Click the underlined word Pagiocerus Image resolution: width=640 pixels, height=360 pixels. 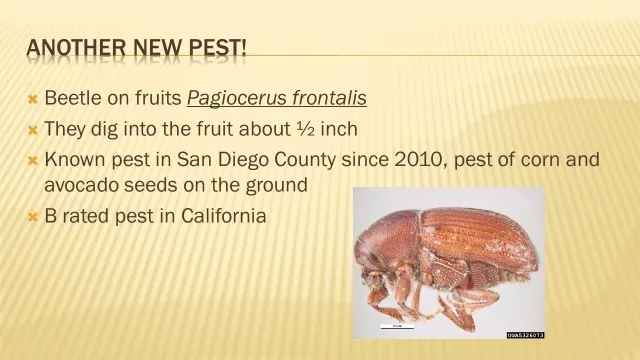point(235,98)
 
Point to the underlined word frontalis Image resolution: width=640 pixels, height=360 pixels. point(328,98)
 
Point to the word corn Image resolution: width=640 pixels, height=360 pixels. point(553,159)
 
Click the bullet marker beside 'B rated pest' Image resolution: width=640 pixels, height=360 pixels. point(32,216)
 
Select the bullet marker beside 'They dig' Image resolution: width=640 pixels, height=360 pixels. point(32,130)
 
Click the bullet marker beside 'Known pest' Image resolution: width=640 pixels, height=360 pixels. point(32,160)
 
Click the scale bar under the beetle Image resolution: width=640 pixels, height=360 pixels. point(396,326)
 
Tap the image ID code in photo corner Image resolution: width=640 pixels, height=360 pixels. point(524,335)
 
